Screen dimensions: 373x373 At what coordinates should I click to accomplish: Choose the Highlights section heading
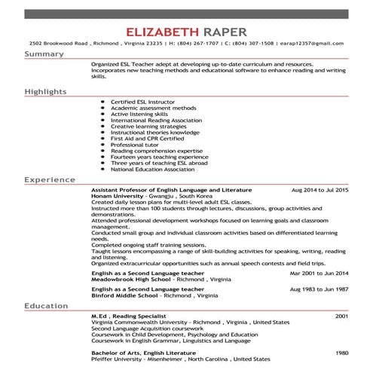click(45, 91)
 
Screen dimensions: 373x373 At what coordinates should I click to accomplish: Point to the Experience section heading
click(48, 181)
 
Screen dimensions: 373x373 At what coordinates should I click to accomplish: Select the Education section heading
click(47, 306)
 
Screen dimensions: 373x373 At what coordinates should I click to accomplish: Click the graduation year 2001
click(341, 315)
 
